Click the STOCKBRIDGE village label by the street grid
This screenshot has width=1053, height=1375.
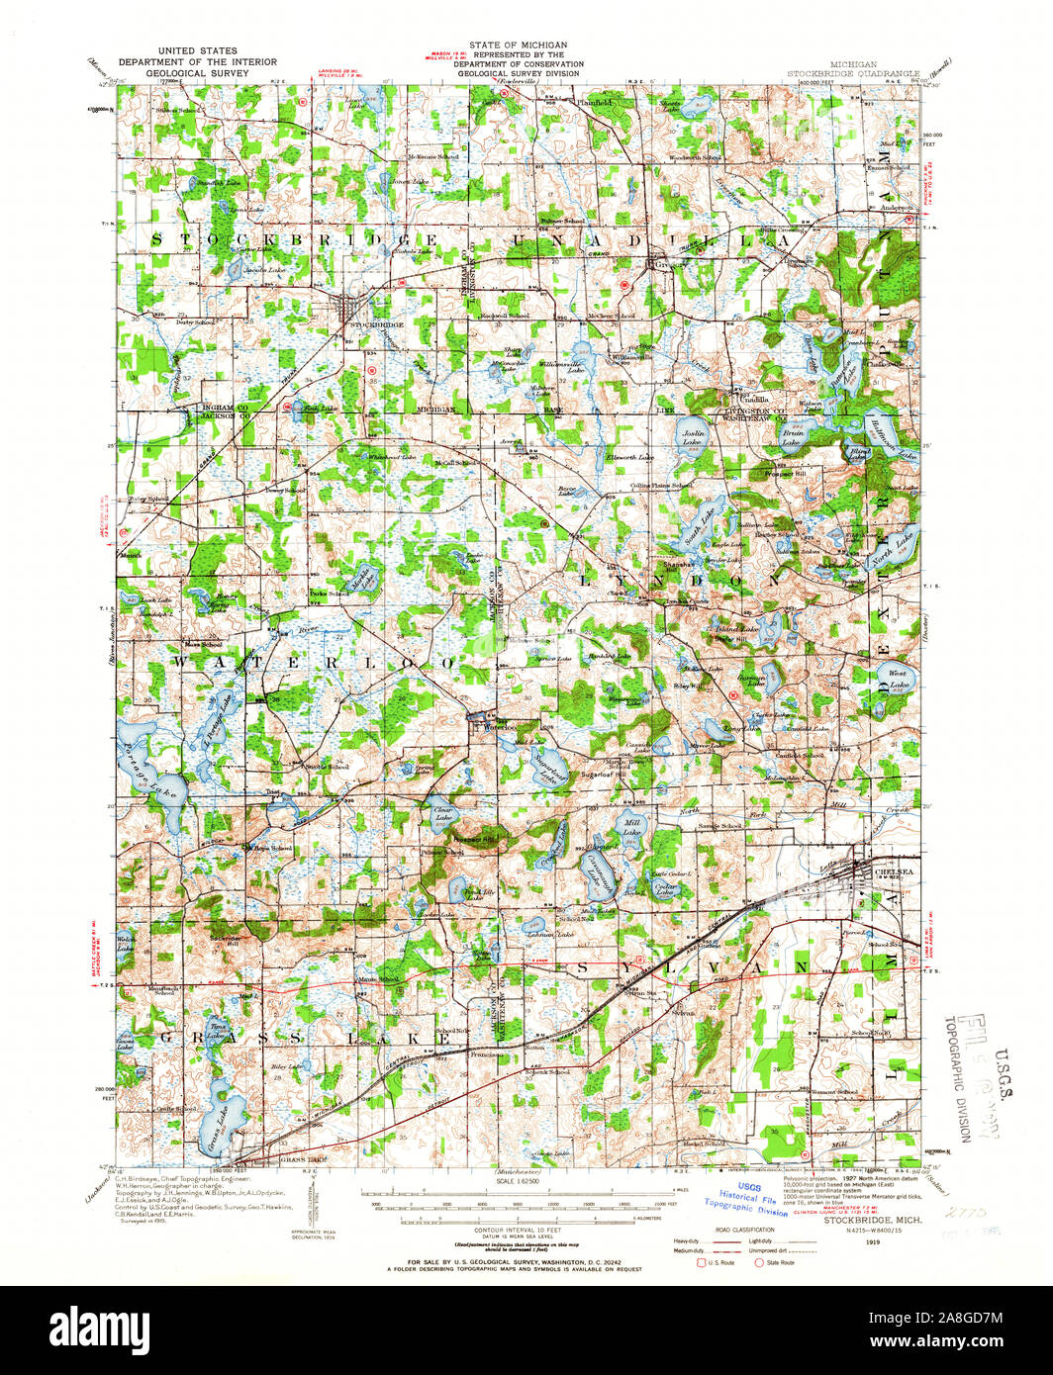tap(372, 324)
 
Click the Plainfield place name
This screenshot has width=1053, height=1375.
tap(595, 102)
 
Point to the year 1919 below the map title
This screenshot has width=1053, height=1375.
tap(870, 1238)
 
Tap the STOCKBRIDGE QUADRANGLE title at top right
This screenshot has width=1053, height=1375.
tap(853, 73)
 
